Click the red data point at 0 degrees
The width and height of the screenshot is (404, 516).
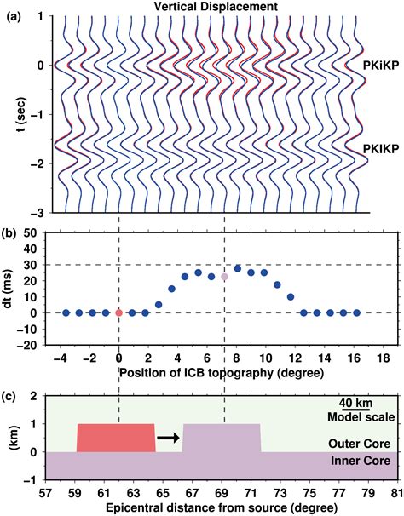[119, 313]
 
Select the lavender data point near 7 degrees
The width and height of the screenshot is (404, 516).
[224, 277]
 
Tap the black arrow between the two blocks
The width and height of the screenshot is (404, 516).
[169, 438]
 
